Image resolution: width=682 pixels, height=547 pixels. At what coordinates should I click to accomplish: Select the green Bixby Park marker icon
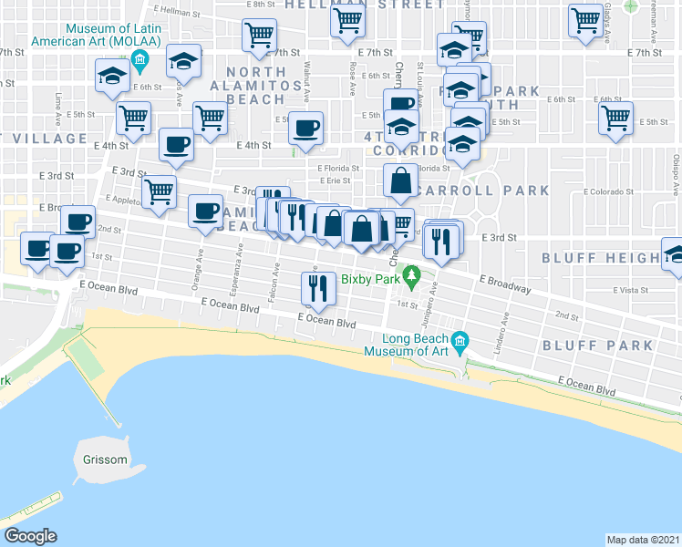pos(412,273)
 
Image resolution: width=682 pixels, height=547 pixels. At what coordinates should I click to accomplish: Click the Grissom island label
pos(103,459)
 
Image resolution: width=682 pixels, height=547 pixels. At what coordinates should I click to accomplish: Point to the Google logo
pos(30,535)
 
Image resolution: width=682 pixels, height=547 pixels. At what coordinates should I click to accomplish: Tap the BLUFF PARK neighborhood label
pos(597,346)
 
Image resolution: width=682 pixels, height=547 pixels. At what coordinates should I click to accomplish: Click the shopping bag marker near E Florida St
pos(400,181)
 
